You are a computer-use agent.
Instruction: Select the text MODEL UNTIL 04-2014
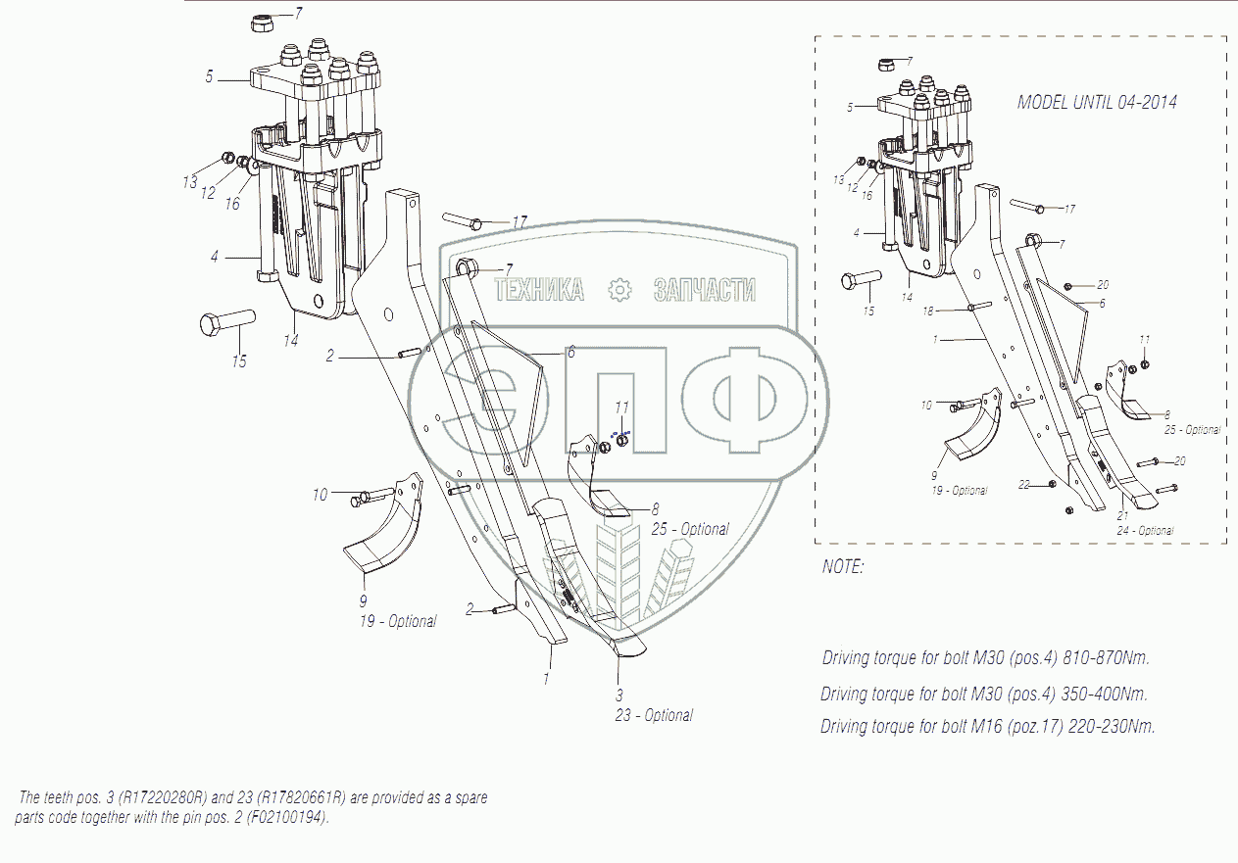(1097, 102)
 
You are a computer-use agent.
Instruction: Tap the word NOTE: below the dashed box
(843, 567)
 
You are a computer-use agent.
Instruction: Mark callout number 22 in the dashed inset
(1023, 484)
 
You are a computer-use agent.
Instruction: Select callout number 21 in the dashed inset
(1123, 516)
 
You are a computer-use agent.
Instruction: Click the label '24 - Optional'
(1145, 531)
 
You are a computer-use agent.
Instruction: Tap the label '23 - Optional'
(654, 715)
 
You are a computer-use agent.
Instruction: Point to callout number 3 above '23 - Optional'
(619, 695)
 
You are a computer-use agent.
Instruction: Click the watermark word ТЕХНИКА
(539, 290)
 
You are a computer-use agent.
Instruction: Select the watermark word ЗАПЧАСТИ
(704, 290)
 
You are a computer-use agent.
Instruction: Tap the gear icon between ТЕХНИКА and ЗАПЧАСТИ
(619, 290)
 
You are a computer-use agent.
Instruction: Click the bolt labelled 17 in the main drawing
(460, 221)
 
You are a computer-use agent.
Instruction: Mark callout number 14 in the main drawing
(291, 340)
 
